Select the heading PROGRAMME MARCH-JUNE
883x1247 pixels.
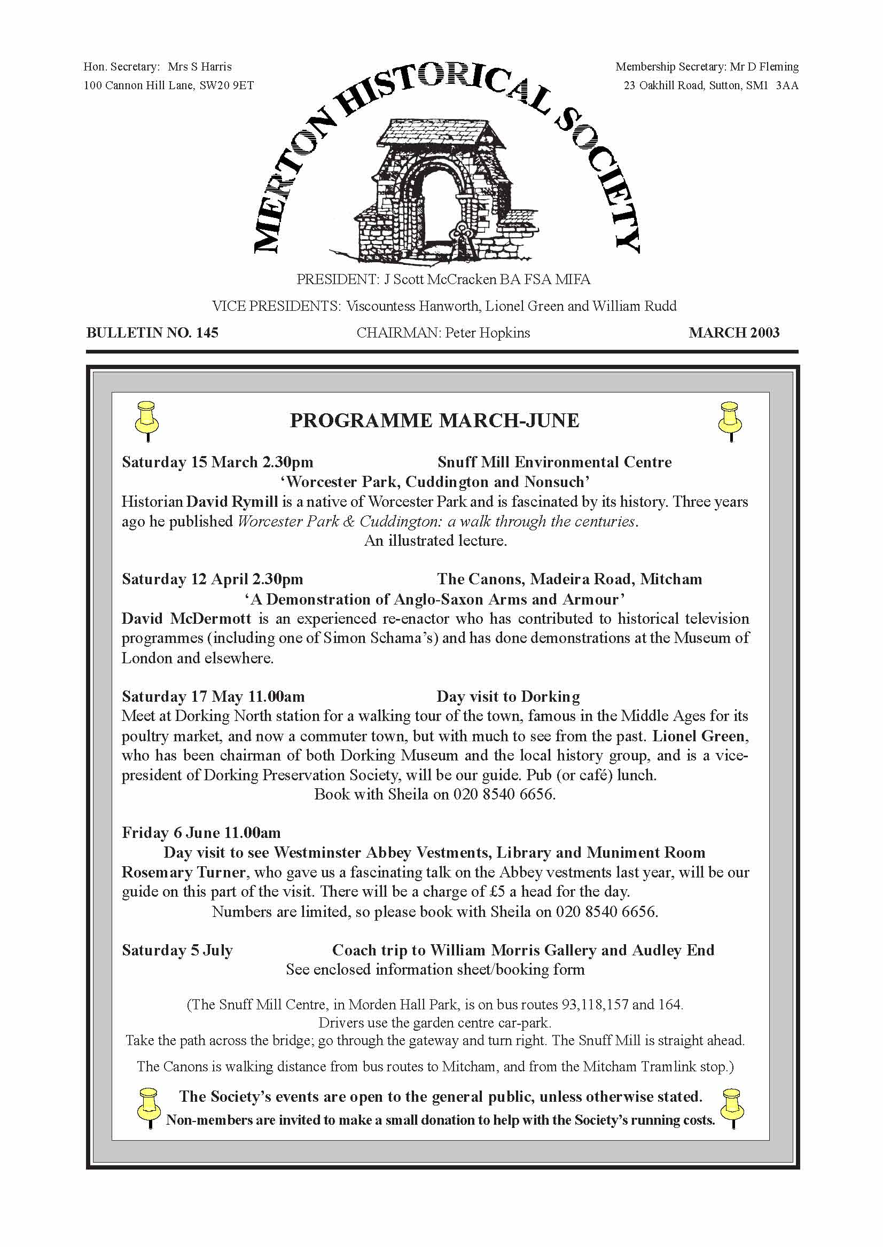(434, 421)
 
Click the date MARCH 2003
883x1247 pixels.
(733, 333)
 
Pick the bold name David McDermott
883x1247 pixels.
(186, 618)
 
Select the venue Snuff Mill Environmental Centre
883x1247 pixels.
(554, 462)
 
